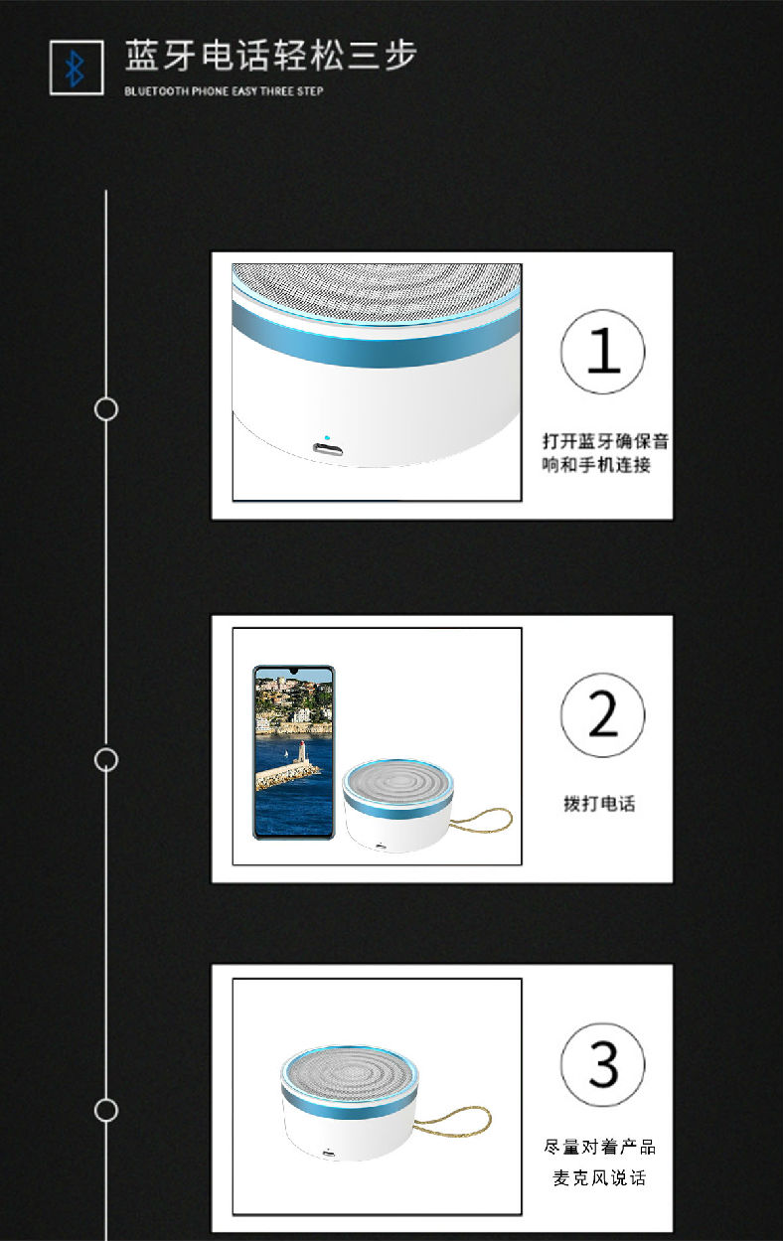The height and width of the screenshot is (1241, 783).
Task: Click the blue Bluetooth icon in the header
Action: tap(75, 69)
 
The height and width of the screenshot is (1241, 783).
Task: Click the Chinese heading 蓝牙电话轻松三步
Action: tap(271, 56)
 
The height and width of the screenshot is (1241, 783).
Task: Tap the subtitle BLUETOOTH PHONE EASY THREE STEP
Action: tap(224, 90)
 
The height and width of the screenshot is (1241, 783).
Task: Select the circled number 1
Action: tap(603, 352)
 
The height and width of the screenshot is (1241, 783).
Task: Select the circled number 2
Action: tap(603, 714)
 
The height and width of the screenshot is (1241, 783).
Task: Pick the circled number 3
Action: tap(603, 1065)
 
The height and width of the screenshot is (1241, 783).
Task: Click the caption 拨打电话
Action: tap(599, 804)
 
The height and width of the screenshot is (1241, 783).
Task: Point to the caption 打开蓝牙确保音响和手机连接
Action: tap(605, 453)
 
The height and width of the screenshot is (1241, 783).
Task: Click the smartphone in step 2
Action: tap(294, 752)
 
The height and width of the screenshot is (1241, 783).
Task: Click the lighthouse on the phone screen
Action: tap(302, 752)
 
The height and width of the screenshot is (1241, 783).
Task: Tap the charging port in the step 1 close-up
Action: tap(328, 448)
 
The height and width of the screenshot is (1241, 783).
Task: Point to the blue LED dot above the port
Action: tap(327, 437)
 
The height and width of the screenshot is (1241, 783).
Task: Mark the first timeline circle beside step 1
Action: tap(106, 409)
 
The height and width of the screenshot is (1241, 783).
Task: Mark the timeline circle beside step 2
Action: tap(106, 759)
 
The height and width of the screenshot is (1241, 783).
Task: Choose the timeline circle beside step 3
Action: tap(106, 1110)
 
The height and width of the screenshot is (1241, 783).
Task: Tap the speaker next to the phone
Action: tap(397, 805)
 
